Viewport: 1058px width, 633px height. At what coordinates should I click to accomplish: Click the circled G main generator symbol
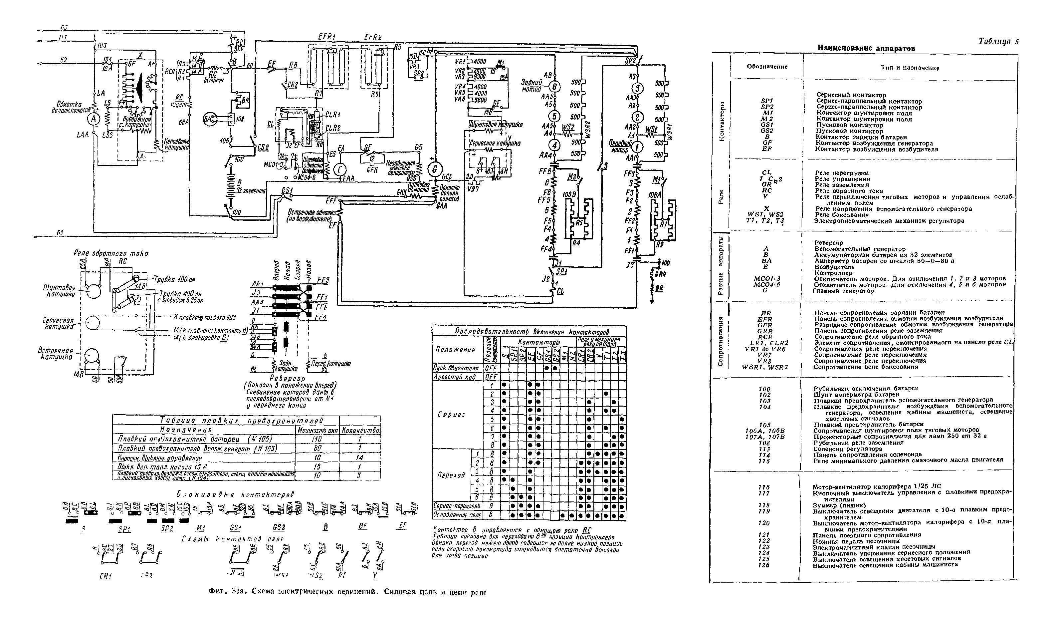click(435, 170)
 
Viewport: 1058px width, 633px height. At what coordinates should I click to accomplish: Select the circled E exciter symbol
click(340, 170)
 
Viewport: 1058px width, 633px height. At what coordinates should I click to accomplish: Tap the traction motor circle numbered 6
click(554, 87)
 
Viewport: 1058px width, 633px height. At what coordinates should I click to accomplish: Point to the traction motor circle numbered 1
click(637, 148)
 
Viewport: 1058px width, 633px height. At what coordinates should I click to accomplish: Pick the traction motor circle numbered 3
click(637, 88)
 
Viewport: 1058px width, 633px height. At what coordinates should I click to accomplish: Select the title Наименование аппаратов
click(866, 48)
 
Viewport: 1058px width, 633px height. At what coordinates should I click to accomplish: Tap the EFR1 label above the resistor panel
click(327, 37)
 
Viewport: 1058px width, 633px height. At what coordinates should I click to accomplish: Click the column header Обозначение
click(767, 67)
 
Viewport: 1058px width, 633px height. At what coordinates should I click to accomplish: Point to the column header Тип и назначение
click(910, 67)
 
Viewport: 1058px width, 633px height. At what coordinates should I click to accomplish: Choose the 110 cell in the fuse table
click(317, 439)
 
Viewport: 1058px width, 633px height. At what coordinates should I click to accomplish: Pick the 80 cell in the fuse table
click(317, 448)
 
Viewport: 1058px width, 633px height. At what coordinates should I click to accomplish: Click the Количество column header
click(360, 431)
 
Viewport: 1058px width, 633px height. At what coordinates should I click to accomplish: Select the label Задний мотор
click(531, 86)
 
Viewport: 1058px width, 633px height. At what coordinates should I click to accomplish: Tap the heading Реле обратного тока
click(111, 253)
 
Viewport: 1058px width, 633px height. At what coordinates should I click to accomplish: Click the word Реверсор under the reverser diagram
click(288, 378)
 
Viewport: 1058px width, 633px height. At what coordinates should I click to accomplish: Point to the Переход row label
click(451, 475)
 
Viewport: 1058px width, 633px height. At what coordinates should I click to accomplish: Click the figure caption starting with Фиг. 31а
click(347, 592)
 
